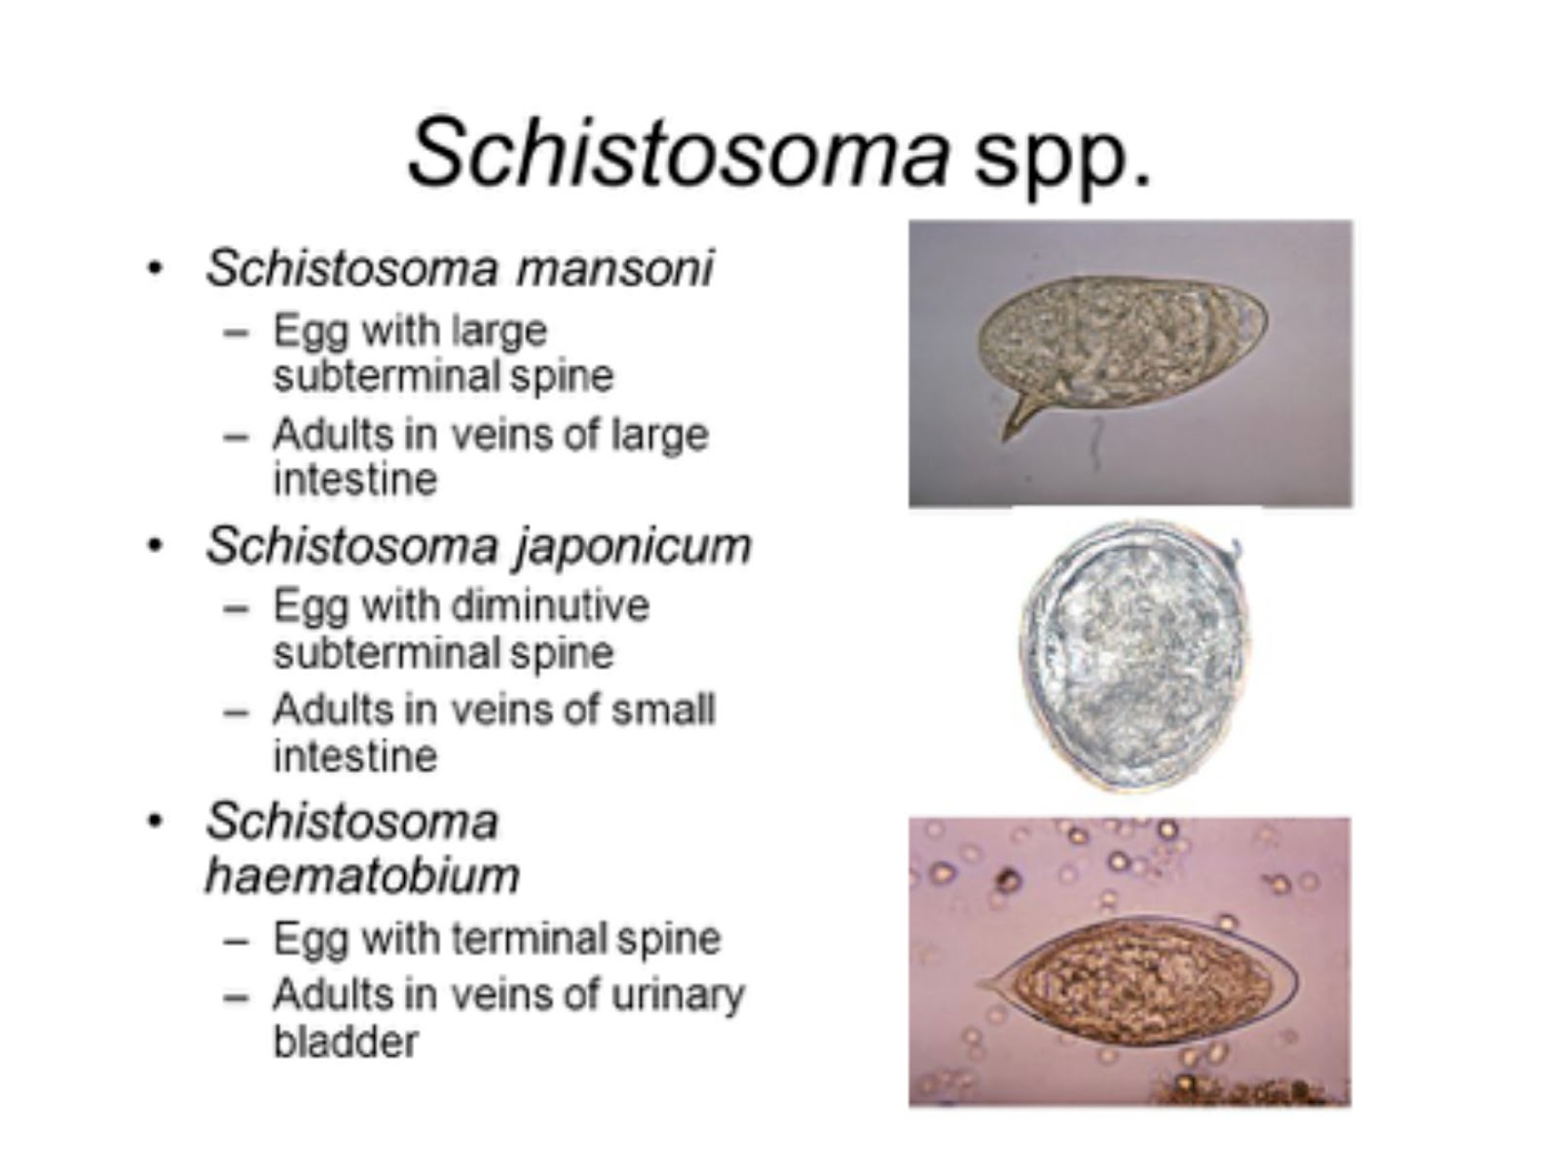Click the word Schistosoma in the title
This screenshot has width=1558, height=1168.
(x=677, y=154)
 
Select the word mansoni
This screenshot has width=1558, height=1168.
(x=614, y=268)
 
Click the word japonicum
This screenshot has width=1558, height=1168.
(x=633, y=545)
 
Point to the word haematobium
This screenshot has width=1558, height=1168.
(x=362, y=875)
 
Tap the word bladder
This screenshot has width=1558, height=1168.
(x=346, y=1041)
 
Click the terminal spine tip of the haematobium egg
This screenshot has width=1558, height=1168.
(x=983, y=984)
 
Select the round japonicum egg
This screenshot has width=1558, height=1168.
(x=1134, y=657)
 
